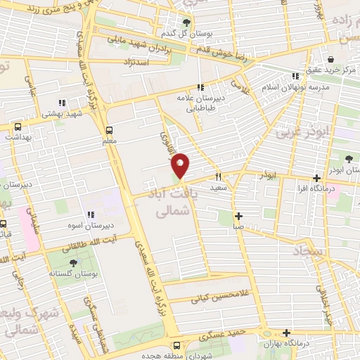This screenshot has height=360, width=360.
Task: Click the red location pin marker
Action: (x=180, y=165)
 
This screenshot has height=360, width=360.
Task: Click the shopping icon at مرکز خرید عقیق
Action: (x=330, y=59)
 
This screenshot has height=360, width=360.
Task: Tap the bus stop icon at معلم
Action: (x=109, y=130)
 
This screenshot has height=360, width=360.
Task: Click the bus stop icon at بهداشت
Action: (x=18, y=127)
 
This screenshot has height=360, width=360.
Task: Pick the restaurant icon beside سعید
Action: (x=219, y=176)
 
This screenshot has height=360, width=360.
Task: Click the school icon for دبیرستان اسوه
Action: (x=90, y=215)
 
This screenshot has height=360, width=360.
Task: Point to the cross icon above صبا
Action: (x=239, y=215)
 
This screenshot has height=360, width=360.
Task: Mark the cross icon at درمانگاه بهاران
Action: (x=286, y=333)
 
